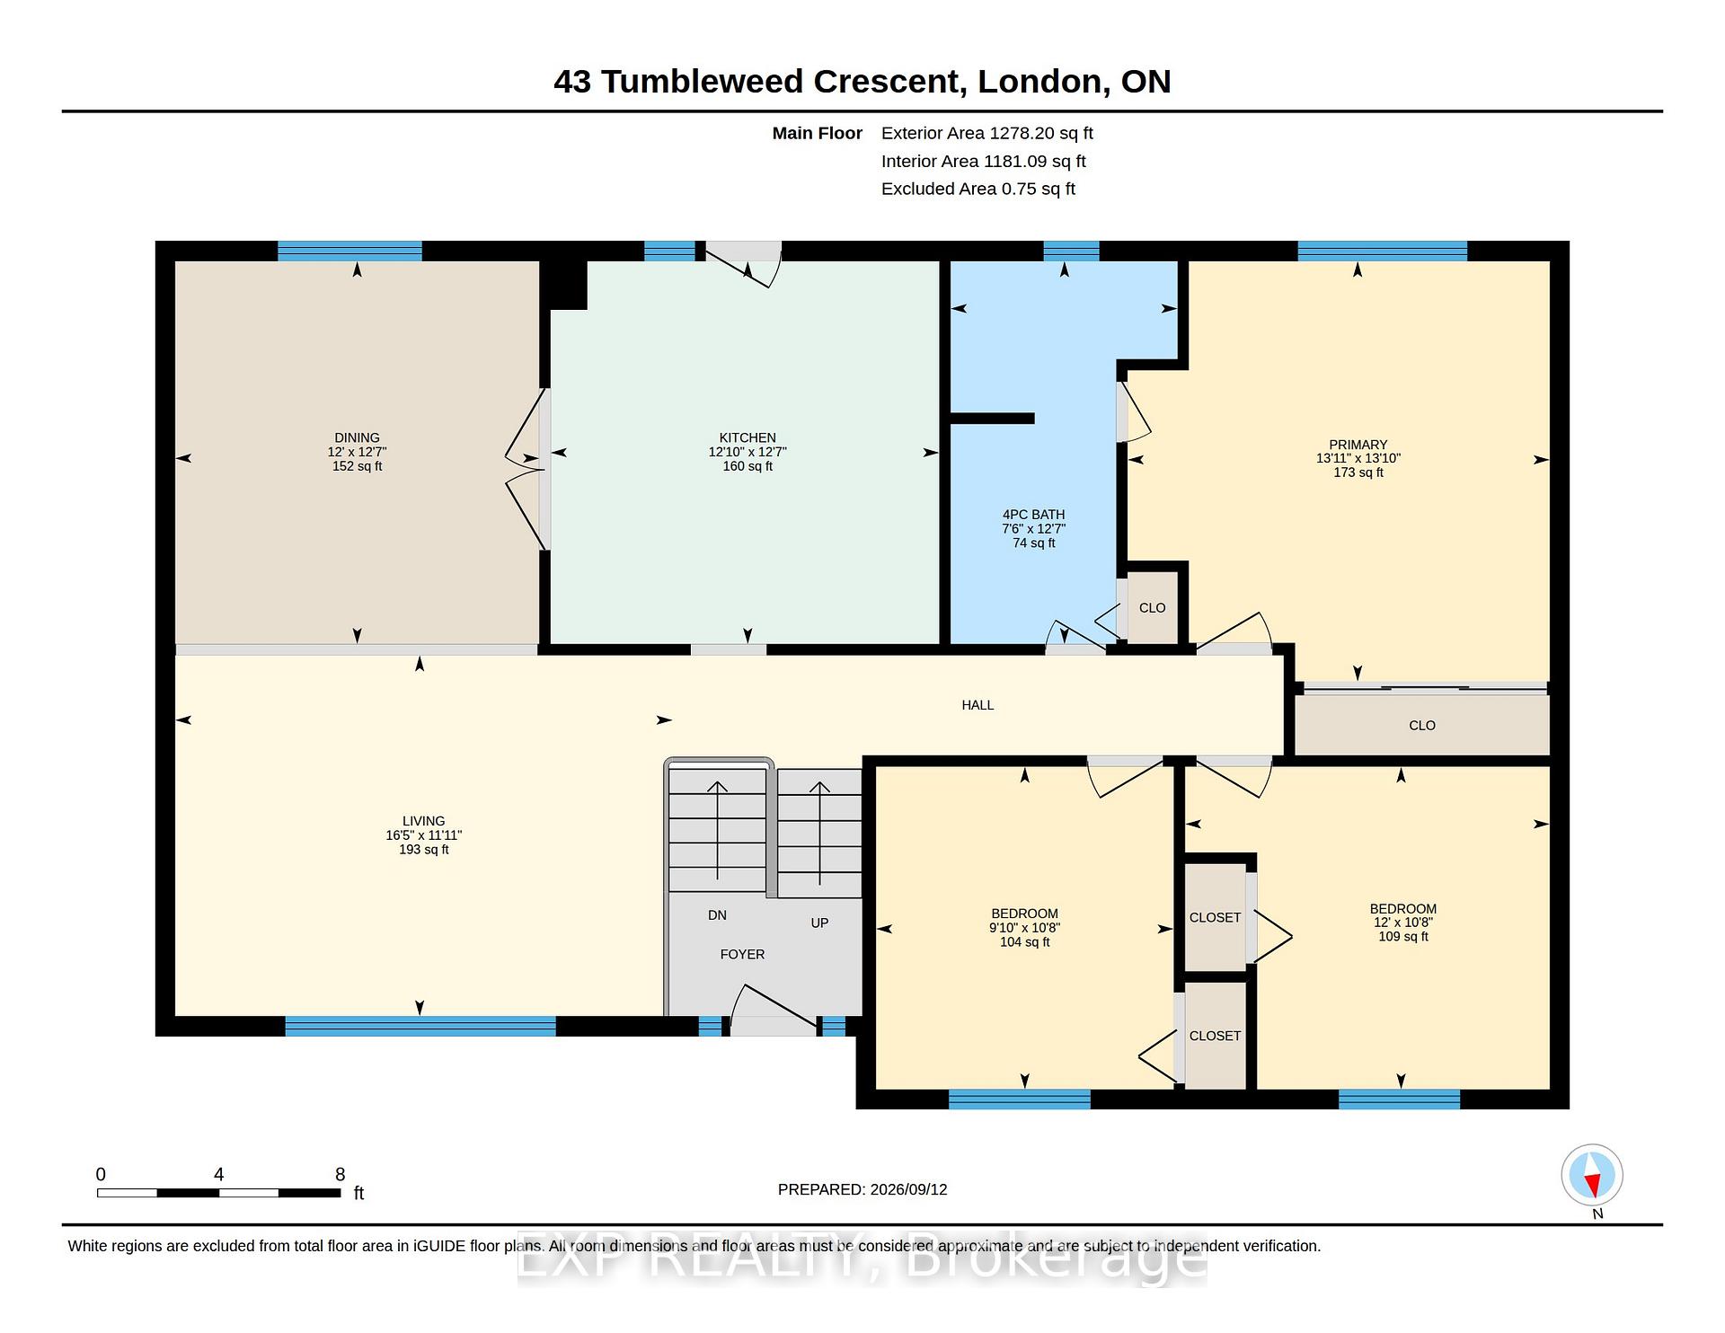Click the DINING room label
pos(357,438)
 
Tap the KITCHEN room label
pos(747,438)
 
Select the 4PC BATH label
pos(1033,515)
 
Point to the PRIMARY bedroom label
pos(1358,445)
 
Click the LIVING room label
pos(423,821)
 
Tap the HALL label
pos(977,705)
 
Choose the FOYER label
pos(742,955)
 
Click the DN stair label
pos(717,915)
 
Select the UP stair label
pos(819,923)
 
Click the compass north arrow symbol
pos(1592,1175)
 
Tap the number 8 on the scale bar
pos(340,1174)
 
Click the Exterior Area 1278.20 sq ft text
pos(986,134)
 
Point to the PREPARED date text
pos(862,1189)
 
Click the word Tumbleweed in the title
pos(703,82)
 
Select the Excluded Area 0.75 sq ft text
pos(977,189)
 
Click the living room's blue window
pos(420,1026)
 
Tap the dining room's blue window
pos(349,252)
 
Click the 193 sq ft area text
pos(423,850)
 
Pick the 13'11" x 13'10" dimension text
pos(1358,458)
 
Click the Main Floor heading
pos(817,134)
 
